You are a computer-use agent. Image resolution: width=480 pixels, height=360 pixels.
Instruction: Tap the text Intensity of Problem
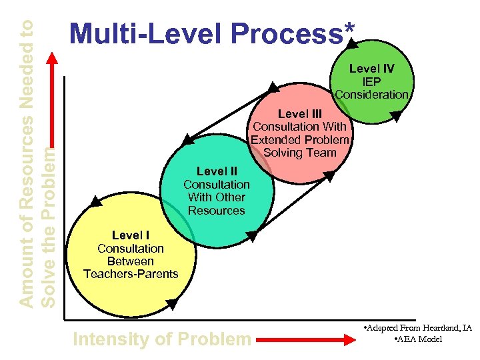click(161, 339)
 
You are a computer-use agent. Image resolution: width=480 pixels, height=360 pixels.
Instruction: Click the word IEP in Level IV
click(372, 81)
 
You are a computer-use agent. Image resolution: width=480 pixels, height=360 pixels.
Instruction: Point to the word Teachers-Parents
click(131, 274)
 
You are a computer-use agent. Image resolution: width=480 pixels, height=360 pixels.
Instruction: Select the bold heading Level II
click(217, 171)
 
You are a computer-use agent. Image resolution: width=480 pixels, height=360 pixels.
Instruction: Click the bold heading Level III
click(299, 114)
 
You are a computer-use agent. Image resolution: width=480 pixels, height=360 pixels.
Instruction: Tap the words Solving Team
click(299, 152)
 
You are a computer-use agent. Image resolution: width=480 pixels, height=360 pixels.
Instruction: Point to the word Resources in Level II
click(217, 210)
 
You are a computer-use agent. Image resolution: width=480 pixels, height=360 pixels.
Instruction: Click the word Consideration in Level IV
click(372, 94)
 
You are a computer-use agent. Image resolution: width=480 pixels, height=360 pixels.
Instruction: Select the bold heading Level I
click(131, 235)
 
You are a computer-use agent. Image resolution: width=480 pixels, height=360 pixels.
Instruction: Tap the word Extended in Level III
click(273, 139)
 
